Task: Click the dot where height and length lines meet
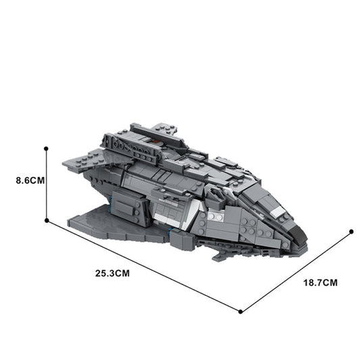(46, 220)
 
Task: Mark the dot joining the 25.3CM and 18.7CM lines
(240, 311)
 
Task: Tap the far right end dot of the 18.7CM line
(351, 232)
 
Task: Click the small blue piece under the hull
(170, 231)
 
